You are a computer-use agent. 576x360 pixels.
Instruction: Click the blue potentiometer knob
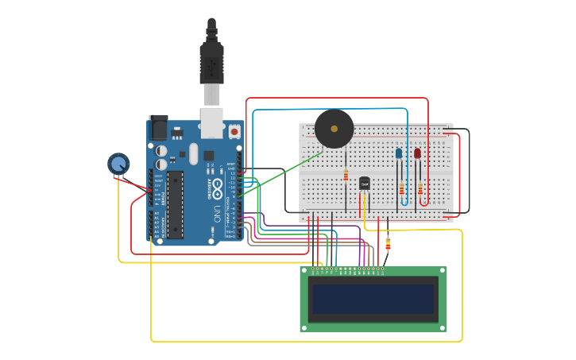pos(118,164)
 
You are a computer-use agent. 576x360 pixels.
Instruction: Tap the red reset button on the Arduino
pos(234,131)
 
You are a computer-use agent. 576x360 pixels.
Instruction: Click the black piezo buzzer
pos(334,129)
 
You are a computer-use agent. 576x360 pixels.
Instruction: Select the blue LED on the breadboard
pos(399,153)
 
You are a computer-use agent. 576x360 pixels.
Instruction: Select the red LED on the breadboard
pos(417,153)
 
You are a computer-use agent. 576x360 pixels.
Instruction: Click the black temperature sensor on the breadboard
pos(365,184)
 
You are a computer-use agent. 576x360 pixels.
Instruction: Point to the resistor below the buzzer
pos(346,176)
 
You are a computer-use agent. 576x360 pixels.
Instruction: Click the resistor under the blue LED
pos(401,189)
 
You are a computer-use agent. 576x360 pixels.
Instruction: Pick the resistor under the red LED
pos(420,189)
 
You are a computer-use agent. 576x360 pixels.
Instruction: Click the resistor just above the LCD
pos(388,243)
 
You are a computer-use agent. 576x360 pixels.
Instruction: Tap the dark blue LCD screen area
pos(373,299)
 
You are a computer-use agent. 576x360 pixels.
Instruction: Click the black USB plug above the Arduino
pos(211,56)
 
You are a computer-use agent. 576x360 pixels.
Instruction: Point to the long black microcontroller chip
pos(175,204)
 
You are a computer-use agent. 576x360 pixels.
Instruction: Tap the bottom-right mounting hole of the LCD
pos(442,327)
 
